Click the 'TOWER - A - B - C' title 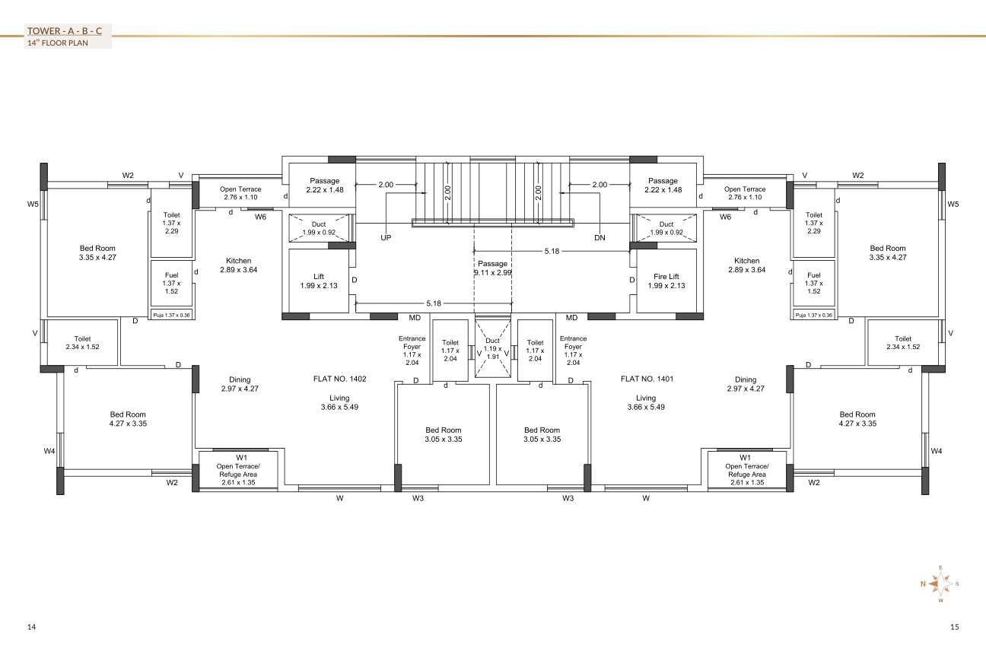click(x=65, y=31)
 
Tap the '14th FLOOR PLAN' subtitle click(x=58, y=43)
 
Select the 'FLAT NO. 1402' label click(x=339, y=379)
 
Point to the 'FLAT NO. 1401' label click(x=647, y=379)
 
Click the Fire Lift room click(x=666, y=281)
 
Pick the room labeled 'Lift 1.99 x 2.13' click(x=319, y=281)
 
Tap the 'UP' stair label click(x=386, y=238)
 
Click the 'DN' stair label click(x=600, y=238)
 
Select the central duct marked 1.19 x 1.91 click(x=493, y=348)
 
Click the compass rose click(x=940, y=584)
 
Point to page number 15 click(x=954, y=627)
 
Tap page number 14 click(x=32, y=627)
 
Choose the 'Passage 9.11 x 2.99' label click(x=492, y=268)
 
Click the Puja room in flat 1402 click(x=172, y=315)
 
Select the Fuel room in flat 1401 click(x=814, y=283)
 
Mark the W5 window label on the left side click(x=33, y=205)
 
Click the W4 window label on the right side click(x=937, y=451)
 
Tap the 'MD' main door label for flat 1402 click(x=415, y=318)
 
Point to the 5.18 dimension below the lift click(x=433, y=303)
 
